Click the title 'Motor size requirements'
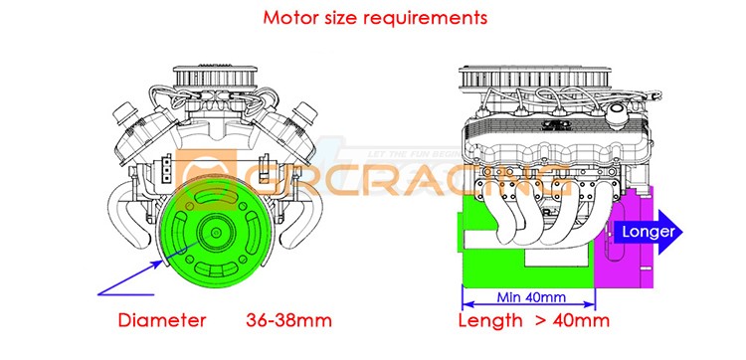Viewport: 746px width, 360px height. pyautogui.click(x=375, y=18)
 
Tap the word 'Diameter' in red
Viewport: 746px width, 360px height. pyautogui.click(x=162, y=320)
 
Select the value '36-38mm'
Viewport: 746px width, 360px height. pyautogui.click(x=288, y=320)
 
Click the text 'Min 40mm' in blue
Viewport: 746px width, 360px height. pyautogui.click(x=531, y=297)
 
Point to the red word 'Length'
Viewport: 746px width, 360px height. pyautogui.click(x=490, y=320)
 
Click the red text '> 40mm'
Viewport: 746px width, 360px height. pyautogui.click(x=572, y=320)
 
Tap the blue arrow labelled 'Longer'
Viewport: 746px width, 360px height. pyautogui.click(x=648, y=232)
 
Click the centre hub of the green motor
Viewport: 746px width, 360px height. pyautogui.click(x=217, y=233)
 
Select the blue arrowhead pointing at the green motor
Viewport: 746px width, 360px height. pyautogui.click(x=157, y=265)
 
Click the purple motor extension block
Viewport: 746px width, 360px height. pyautogui.click(x=625, y=238)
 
